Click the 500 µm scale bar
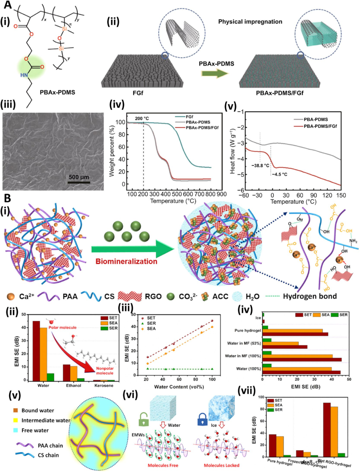[x=79, y=182]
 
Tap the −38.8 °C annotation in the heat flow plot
[x=260, y=166]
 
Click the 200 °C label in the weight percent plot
[x=142, y=118]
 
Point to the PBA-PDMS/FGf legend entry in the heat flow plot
[x=320, y=126]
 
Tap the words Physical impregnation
[x=250, y=22]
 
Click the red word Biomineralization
[x=126, y=261]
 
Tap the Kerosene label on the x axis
[x=104, y=386]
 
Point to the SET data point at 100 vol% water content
[x=212, y=321]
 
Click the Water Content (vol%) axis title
[x=179, y=387]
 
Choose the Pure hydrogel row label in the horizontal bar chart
[x=247, y=331]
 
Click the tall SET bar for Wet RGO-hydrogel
[x=327, y=430]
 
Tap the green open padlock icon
[x=144, y=419]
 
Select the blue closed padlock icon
[x=202, y=419]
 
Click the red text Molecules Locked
[x=221, y=465]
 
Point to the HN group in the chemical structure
[x=24, y=75]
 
